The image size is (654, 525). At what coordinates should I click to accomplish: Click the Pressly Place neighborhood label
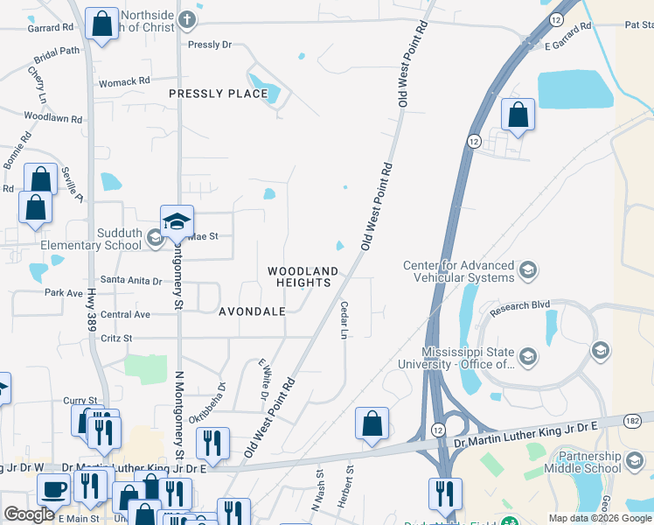pyautogui.click(x=218, y=94)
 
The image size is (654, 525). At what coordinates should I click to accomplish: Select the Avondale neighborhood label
pyautogui.click(x=252, y=311)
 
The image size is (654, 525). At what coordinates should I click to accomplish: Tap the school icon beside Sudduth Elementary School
pyautogui.click(x=155, y=236)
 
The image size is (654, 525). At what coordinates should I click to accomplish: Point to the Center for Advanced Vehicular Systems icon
pyautogui.click(x=527, y=269)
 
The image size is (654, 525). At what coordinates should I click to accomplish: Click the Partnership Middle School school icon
pyautogui.click(x=635, y=458)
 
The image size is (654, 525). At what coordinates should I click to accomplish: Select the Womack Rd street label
pyautogui.click(x=124, y=81)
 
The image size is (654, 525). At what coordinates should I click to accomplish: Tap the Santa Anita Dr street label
pyautogui.click(x=132, y=281)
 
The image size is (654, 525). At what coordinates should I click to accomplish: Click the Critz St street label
pyautogui.click(x=116, y=338)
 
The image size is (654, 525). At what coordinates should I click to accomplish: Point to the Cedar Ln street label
pyautogui.click(x=344, y=321)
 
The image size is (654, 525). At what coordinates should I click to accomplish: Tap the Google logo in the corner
pyautogui.click(x=29, y=514)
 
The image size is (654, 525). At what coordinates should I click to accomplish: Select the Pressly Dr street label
pyautogui.click(x=208, y=43)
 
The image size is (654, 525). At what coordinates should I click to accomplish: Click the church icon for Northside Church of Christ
pyautogui.click(x=186, y=19)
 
